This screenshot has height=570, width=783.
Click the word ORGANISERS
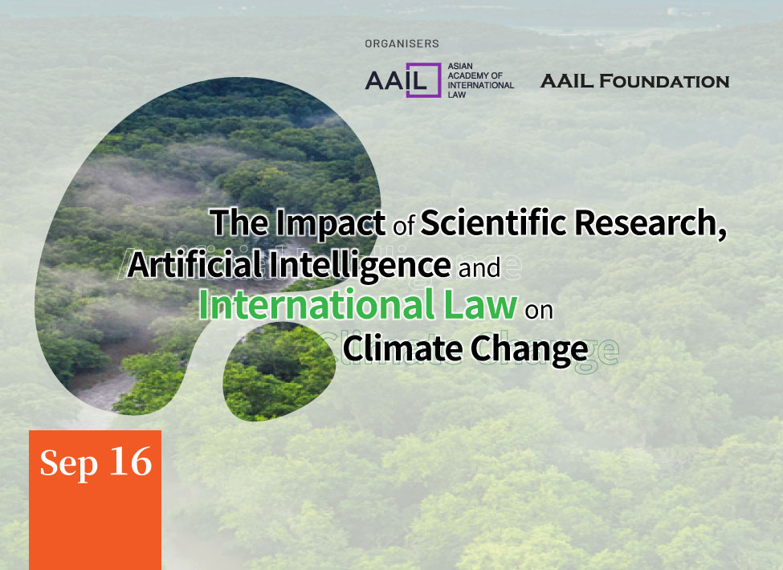point(402,44)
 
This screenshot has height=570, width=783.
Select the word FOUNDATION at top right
point(664,81)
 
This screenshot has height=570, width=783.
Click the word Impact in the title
point(330,222)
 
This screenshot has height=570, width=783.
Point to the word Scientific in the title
point(493,222)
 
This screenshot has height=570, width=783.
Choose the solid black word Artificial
point(195,264)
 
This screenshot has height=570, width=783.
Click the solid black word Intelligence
point(360,265)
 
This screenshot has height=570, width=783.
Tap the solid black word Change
point(529,349)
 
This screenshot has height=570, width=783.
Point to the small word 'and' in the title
point(479,268)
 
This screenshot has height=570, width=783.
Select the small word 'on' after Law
point(539,311)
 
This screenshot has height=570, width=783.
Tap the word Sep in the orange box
point(68,463)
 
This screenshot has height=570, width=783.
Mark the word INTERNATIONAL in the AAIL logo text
point(481,85)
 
